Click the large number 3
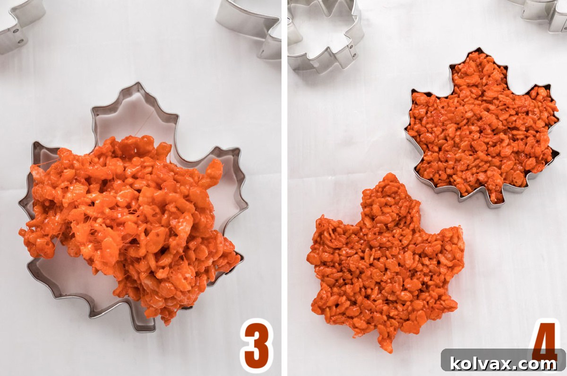pyautogui.click(x=257, y=346)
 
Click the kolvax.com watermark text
pyautogui.click(x=503, y=363)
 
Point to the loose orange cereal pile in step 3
pyautogui.click(x=130, y=222)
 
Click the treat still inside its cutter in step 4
pyautogui.click(x=482, y=128)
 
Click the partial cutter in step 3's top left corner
pyautogui.click(x=19, y=24)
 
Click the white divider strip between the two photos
pyautogui.click(x=284, y=189)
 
